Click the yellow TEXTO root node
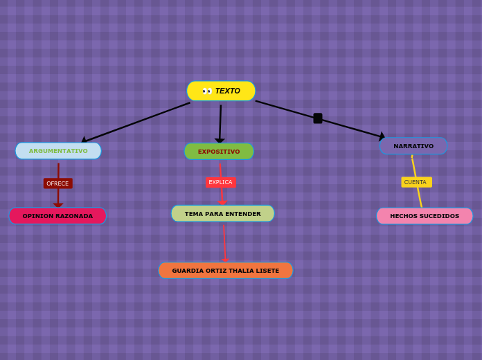221,91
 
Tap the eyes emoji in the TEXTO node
207,91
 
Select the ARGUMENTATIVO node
58,151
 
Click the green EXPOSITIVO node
219,152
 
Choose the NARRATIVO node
413,146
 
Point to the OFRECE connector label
57,183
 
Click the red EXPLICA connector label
220,182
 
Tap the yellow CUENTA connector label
416,182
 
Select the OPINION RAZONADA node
57,216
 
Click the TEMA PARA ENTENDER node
222,214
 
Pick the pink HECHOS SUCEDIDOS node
425,216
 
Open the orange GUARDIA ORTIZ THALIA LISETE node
226,271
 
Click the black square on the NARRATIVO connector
318,118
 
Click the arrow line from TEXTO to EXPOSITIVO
220,122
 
